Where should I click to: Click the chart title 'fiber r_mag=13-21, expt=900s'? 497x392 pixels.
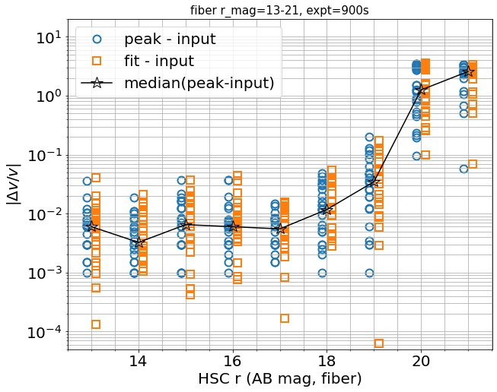279,10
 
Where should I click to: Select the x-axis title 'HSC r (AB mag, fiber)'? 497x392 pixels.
279,378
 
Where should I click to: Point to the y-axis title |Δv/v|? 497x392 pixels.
14,185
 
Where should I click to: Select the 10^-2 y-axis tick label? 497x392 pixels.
42,214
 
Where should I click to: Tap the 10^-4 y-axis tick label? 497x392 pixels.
42,333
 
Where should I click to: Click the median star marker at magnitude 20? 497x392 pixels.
422,89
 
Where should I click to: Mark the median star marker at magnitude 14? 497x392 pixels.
138,242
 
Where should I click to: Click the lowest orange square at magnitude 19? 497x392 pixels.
379,343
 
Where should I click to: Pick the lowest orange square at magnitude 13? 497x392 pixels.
96,324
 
